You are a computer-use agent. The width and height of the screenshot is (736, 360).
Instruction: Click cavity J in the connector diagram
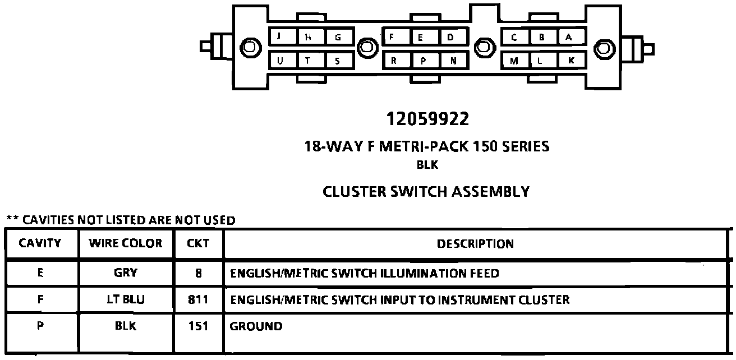(279, 37)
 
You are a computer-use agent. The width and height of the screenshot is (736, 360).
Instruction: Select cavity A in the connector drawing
(569, 38)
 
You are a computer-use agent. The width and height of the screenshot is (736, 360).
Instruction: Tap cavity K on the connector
(571, 60)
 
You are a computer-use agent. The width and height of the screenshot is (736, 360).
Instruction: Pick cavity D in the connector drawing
(451, 38)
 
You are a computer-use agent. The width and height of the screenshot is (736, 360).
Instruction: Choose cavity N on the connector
(453, 61)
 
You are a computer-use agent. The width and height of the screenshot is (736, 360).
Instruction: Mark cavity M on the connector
(514, 61)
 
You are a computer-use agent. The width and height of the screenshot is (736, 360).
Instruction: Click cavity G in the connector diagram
(338, 38)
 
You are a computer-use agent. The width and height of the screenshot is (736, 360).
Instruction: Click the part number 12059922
(427, 119)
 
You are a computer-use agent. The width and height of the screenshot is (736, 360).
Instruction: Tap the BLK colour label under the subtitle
(427, 165)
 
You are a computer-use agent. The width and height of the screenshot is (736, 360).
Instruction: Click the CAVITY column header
(40, 243)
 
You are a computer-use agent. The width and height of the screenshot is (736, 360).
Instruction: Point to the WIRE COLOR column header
(126, 243)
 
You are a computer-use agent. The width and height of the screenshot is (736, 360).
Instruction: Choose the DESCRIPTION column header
(475, 244)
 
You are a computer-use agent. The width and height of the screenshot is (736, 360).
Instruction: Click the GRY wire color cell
(126, 273)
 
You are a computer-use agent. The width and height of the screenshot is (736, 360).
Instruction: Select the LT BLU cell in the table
(126, 299)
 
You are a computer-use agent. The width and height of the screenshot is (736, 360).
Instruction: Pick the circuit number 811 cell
(199, 299)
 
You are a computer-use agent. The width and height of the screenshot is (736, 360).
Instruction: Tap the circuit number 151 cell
(199, 326)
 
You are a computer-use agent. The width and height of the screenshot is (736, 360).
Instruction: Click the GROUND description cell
(256, 326)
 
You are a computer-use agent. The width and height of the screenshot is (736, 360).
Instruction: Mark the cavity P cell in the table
(40, 325)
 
